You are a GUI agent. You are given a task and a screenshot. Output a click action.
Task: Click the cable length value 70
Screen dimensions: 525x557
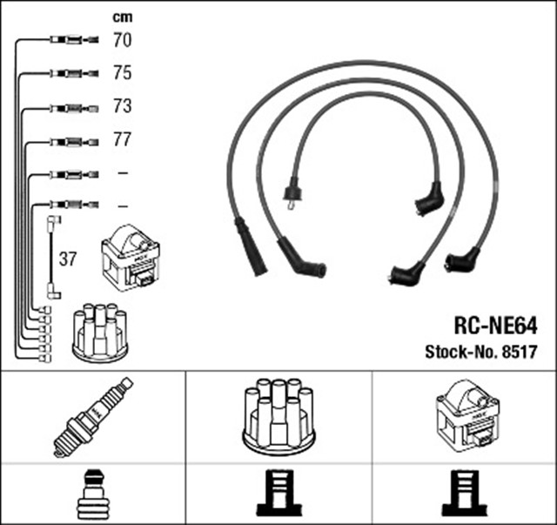click(x=122, y=39)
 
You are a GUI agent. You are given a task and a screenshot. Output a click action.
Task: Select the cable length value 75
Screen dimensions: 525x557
click(x=122, y=73)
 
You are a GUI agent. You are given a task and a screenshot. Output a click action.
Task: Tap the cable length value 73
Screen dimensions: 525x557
click(x=122, y=107)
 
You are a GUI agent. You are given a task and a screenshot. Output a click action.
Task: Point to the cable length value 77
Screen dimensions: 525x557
click(x=122, y=140)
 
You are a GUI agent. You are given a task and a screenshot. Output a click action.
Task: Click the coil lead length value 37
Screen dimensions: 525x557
click(x=67, y=259)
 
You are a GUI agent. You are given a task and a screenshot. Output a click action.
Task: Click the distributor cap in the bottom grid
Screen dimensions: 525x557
click(x=278, y=415)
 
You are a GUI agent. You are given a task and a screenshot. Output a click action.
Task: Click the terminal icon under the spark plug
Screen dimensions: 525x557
click(x=94, y=494)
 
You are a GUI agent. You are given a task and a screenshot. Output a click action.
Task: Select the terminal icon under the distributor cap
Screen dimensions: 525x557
click(x=278, y=494)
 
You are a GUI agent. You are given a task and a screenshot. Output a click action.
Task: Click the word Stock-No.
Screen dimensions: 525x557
click(x=460, y=353)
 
